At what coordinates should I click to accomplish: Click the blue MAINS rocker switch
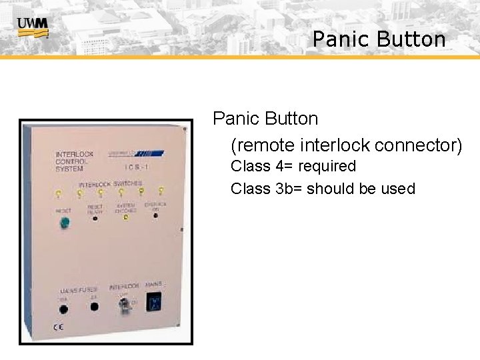click(x=153, y=302)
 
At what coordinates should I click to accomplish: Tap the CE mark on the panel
click(x=58, y=327)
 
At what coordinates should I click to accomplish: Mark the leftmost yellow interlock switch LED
click(x=59, y=195)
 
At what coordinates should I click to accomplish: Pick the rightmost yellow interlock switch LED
click(x=161, y=191)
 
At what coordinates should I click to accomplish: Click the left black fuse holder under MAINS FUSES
click(x=63, y=308)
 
